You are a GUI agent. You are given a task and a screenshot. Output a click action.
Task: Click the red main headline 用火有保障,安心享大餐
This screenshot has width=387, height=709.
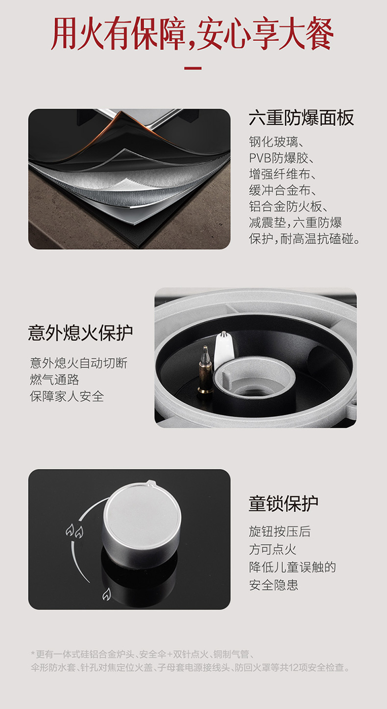193,34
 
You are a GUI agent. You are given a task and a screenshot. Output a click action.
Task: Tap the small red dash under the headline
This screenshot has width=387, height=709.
193,68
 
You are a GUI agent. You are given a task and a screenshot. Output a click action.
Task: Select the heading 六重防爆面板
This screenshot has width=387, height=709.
301,118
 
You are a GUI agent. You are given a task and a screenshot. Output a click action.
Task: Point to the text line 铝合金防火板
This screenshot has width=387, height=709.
288,206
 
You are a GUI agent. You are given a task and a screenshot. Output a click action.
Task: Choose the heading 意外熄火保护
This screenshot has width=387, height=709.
80,333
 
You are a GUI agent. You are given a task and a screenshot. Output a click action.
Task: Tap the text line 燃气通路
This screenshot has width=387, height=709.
54,380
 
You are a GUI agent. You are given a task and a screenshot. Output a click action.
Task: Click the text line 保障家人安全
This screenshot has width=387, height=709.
67,396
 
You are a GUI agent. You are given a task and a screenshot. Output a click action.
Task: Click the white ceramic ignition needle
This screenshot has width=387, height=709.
224,348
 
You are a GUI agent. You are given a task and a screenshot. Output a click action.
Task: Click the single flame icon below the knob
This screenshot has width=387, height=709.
106,595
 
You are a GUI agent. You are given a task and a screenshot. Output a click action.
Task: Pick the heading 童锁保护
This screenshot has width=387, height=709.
283,503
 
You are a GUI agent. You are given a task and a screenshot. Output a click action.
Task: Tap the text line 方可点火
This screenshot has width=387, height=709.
272,549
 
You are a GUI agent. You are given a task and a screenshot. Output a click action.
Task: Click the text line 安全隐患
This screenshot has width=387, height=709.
273,585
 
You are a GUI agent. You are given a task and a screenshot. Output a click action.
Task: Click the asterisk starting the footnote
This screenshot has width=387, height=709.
33,653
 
